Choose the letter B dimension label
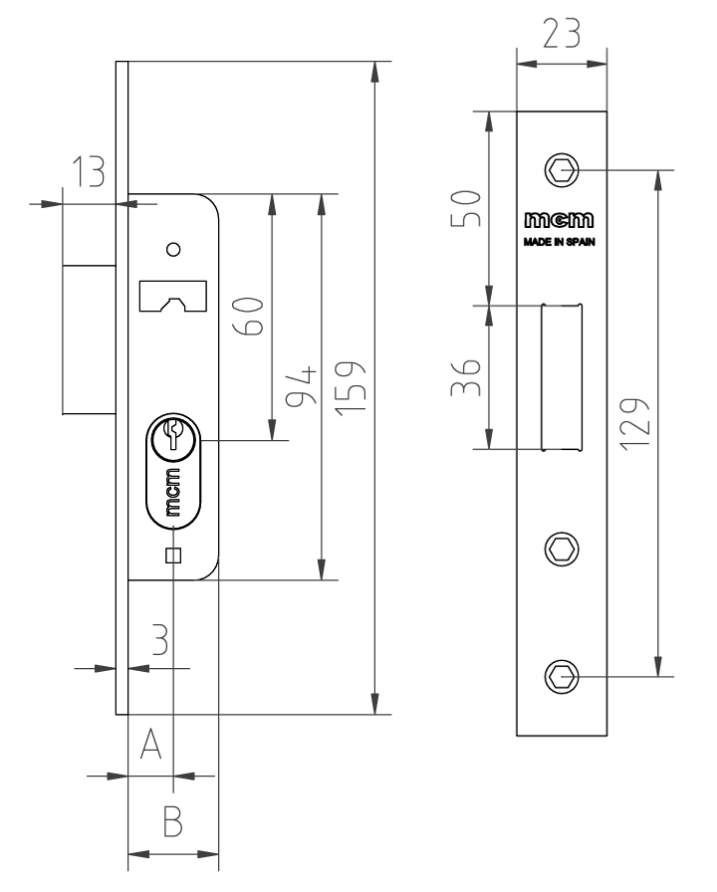(172, 822)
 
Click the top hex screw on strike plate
(564, 170)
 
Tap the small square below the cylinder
(172, 556)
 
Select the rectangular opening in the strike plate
(560, 377)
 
